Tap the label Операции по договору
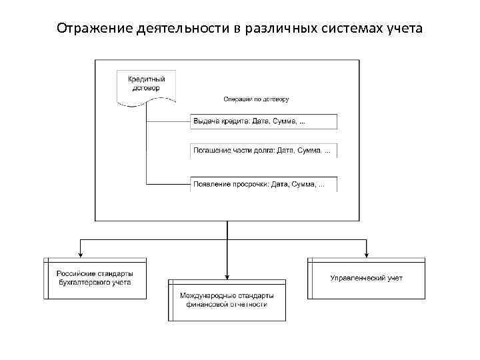click(256, 99)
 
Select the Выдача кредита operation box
click(264, 121)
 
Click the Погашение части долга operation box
click(264, 151)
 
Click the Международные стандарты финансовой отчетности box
click(227, 299)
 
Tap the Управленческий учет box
click(366, 278)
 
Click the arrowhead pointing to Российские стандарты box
click(81, 254)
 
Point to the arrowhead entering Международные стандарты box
click(227, 275)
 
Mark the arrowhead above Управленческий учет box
click(366, 254)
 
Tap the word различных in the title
click(275, 29)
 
